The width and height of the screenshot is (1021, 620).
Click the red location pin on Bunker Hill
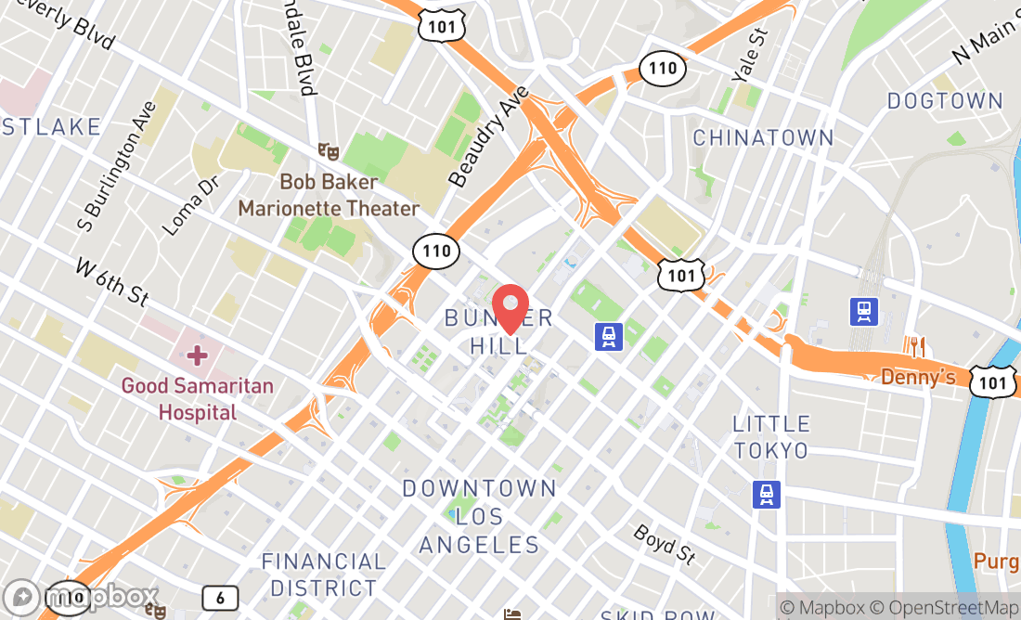(510, 309)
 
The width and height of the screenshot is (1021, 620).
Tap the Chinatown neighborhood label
(763, 138)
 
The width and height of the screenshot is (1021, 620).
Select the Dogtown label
(945, 100)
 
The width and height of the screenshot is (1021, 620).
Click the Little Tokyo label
(770, 437)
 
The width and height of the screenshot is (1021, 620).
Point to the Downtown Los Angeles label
(479, 516)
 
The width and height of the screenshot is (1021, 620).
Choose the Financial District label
(323, 575)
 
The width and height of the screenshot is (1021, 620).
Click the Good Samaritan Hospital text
(197, 397)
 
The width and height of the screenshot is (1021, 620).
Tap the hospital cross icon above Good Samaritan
(197, 355)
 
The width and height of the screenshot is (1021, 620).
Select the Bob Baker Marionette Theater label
(329, 195)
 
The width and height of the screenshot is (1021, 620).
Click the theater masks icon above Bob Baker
(326, 149)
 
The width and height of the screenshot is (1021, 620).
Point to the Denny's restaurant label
(918, 377)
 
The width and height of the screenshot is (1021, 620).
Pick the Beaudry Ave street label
(488, 136)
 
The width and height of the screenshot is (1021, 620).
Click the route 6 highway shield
(220, 598)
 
